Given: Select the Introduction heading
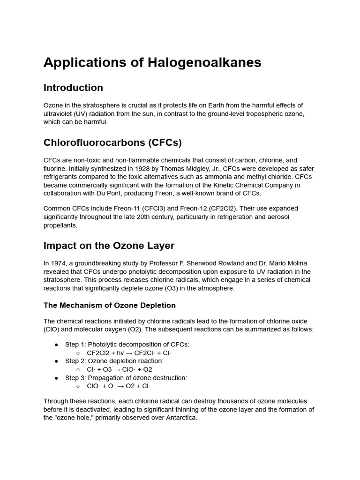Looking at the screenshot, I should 73,88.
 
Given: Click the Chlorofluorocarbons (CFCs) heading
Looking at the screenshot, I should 112,142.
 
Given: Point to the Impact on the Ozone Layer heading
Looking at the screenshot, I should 109,246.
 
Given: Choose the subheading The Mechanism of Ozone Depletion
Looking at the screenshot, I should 110,305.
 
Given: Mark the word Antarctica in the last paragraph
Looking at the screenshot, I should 179,418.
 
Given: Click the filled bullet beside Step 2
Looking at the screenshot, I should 56,361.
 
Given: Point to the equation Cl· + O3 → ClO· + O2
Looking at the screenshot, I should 120,369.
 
